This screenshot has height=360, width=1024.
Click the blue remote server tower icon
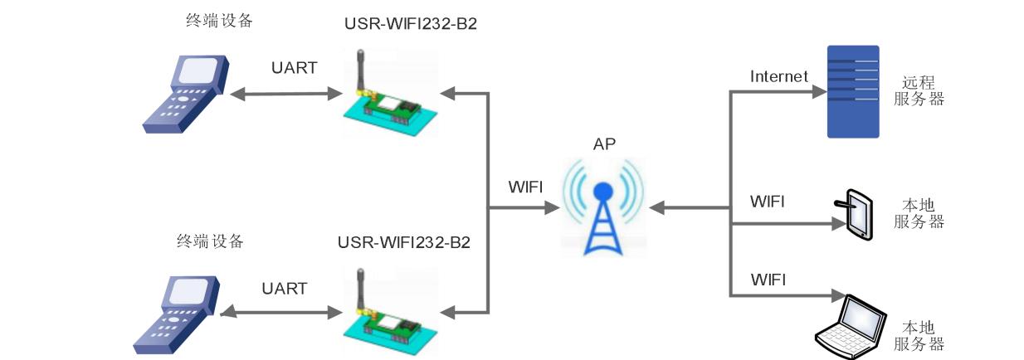coord(853,91)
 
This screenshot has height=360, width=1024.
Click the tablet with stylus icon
coord(855,214)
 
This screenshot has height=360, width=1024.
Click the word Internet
coord(778,76)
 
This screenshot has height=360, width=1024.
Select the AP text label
coord(604,144)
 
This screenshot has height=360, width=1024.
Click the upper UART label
coord(294,68)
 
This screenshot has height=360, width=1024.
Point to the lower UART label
coord(284,289)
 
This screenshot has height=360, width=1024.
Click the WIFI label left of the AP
coord(525,187)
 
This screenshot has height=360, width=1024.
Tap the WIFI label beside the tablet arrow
coord(767,202)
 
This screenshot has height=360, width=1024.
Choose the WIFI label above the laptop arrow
coord(767,278)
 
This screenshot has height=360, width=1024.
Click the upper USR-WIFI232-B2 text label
coord(411,23)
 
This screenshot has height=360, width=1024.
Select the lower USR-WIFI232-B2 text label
coord(404,243)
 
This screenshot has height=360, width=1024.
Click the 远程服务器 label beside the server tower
coord(919,91)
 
